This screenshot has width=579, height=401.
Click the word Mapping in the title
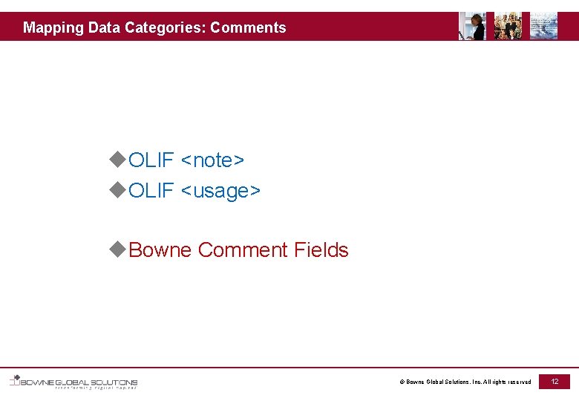point(53,28)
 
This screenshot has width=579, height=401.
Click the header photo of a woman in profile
point(472,26)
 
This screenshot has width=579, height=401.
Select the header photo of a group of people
point(508,26)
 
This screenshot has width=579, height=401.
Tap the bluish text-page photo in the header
point(543,26)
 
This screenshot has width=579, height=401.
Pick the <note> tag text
point(212,160)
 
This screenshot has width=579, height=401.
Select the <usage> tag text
point(220,191)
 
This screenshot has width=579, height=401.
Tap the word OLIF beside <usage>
point(151,191)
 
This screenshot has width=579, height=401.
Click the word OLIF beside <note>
point(151,160)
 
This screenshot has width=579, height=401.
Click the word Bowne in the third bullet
point(160,250)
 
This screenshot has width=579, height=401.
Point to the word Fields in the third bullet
point(321,250)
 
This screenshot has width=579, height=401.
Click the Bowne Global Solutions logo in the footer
point(74,382)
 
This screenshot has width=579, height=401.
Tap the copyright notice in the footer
point(465,382)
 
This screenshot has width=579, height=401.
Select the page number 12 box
point(554,381)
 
